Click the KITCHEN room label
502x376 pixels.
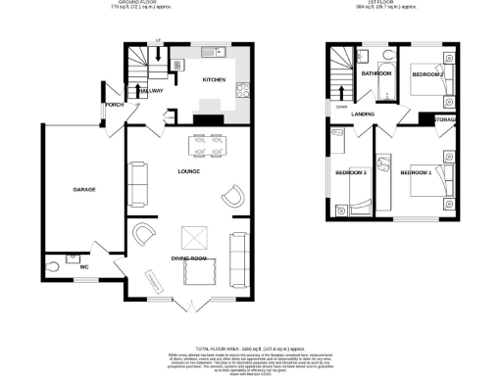pyautogui.click(x=214, y=79)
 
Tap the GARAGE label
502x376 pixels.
pyautogui.click(x=83, y=189)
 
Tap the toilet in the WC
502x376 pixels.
pyautogui.click(x=53, y=266)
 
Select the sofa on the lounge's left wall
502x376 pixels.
pyautogui.click(x=136, y=181)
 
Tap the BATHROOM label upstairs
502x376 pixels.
pyautogui.click(x=376, y=74)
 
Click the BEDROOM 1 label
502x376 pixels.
pyautogui.click(x=416, y=173)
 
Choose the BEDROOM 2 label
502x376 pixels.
pyautogui.click(x=427, y=75)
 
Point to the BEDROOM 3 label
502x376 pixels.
pyautogui.click(x=351, y=173)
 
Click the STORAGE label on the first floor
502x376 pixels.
pyautogui.click(x=444, y=119)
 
